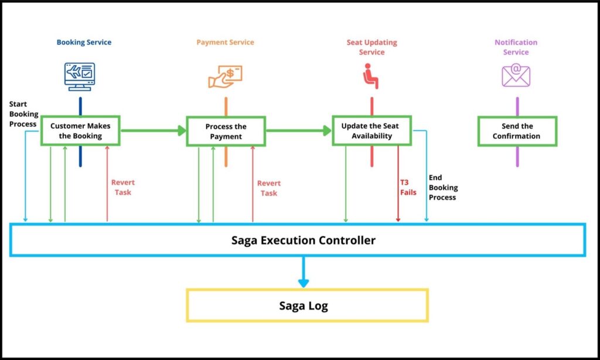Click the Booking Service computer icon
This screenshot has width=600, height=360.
pyautogui.click(x=80, y=76)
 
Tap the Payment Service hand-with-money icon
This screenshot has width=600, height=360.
pyautogui.click(x=226, y=76)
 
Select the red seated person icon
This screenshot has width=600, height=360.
pyautogui.click(x=371, y=76)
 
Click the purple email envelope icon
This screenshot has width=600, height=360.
pyautogui.click(x=516, y=76)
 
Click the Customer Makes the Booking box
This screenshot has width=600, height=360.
pyautogui.click(x=80, y=131)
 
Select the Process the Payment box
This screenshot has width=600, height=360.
pyautogui.click(x=226, y=131)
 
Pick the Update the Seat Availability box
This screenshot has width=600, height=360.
pyautogui.click(x=372, y=131)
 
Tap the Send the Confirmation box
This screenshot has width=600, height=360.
pyautogui.click(x=516, y=131)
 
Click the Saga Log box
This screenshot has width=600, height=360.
pyautogui.click(x=306, y=305)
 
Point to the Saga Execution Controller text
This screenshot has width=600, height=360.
pyautogui.click(x=303, y=240)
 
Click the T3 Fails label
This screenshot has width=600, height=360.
pyautogui.click(x=408, y=187)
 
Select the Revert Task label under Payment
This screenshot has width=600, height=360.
pyautogui.click(x=269, y=188)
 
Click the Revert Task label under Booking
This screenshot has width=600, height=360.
pyautogui.click(x=123, y=187)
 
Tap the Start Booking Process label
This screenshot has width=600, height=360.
pyautogui.click(x=23, y=114)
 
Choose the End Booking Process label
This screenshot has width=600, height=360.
pyautogui.click(x=443, y=187)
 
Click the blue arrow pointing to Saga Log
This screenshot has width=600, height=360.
pyautogui.click(x=303, y=273)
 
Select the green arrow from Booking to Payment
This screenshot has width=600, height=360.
pyautogui.click(x=153, y=131)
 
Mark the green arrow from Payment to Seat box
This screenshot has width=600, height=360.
pyautogui.click(x=299, y=131)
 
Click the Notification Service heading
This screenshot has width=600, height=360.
pyautogui.click(x=516, y=47)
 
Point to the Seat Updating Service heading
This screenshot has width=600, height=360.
pyautogui.click(x=371, y=47)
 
